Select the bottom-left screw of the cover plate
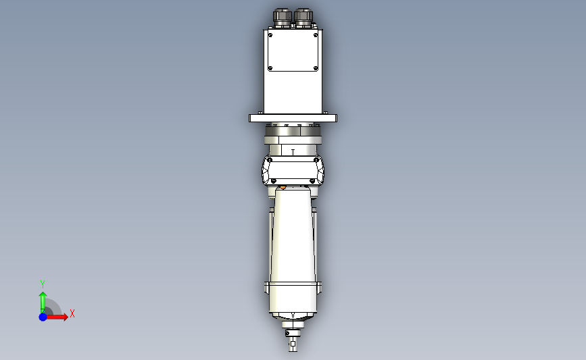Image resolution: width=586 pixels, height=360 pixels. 270,68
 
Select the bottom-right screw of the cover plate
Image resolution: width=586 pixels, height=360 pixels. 316,68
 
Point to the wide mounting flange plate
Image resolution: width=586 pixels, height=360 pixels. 293,118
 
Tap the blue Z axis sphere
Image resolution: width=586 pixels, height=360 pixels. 43,317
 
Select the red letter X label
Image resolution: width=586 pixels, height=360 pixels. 72,313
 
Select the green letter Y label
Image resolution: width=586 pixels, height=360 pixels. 43,284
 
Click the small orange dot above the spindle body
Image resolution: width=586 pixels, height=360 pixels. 283,187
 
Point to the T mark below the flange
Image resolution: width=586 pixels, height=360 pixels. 293,152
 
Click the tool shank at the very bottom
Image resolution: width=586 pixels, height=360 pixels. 293,346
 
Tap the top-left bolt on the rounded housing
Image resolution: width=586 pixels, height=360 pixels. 270,159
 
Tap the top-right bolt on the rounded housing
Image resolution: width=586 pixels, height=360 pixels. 316,159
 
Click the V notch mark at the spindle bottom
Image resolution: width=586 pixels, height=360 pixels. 293,315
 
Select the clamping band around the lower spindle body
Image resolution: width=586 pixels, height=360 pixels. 293,288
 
